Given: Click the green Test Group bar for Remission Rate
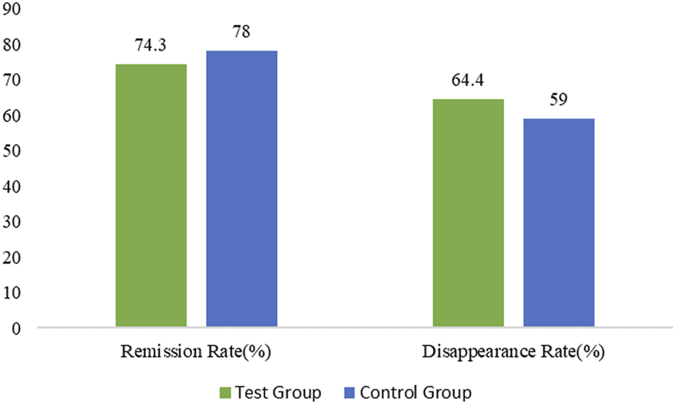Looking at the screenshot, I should (x=152, y=195).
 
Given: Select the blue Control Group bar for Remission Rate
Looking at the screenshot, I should (x=241, y=189).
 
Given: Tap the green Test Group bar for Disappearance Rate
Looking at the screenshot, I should (x=468, y=213).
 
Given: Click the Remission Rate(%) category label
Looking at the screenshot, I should (x=196, y=353).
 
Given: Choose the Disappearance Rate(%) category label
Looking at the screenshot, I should (x=513, y=353).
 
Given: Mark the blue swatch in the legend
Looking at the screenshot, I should (x=349, y=393).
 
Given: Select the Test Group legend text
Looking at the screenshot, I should (x=277, y=393).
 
